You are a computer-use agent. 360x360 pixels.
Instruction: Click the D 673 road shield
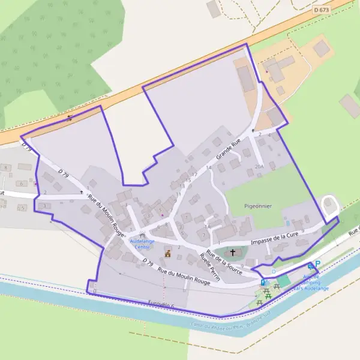click(322, 10)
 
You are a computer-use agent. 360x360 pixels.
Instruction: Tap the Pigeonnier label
click(258, 206)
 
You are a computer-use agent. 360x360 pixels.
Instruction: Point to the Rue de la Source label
click(224, 262)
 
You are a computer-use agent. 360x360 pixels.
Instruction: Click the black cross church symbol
click(233, 253)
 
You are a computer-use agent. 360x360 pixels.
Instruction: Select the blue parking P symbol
click(317, 263)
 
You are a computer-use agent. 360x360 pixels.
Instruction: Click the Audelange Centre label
click(142, 244)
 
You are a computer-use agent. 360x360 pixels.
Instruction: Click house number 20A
click(259, 167)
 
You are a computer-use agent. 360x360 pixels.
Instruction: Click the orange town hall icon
click(167, 253)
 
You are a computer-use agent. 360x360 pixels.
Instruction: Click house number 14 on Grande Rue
click(209, 167)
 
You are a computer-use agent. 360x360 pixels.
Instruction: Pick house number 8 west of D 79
click(5, 167)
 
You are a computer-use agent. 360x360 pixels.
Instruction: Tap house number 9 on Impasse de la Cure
click(304, 230)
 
